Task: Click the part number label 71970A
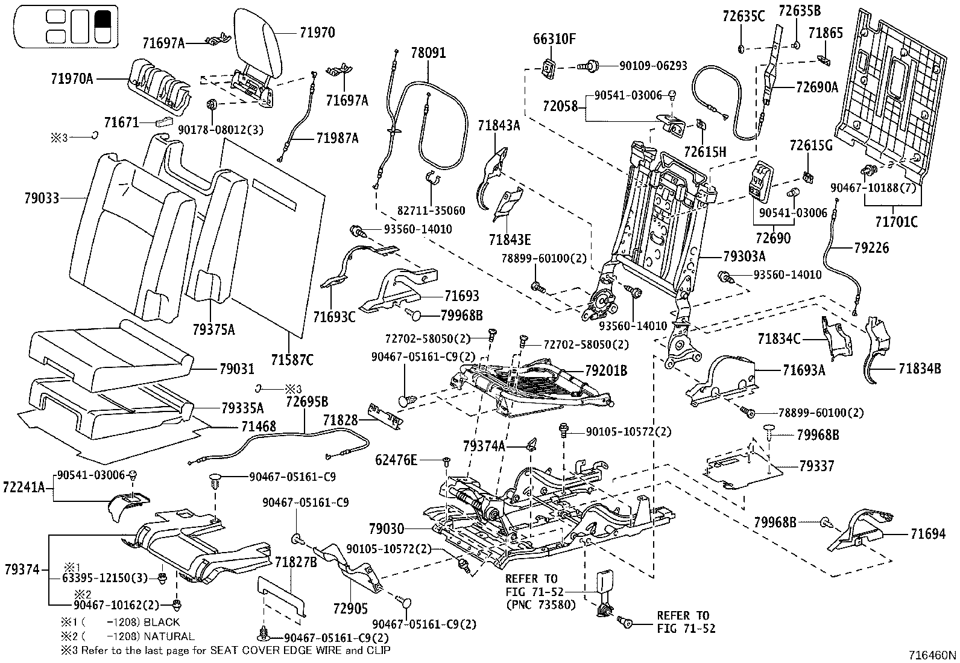[72, 78]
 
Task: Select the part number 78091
[428, 52]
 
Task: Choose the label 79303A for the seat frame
[744, 256]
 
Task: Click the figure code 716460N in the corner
[933, 655]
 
